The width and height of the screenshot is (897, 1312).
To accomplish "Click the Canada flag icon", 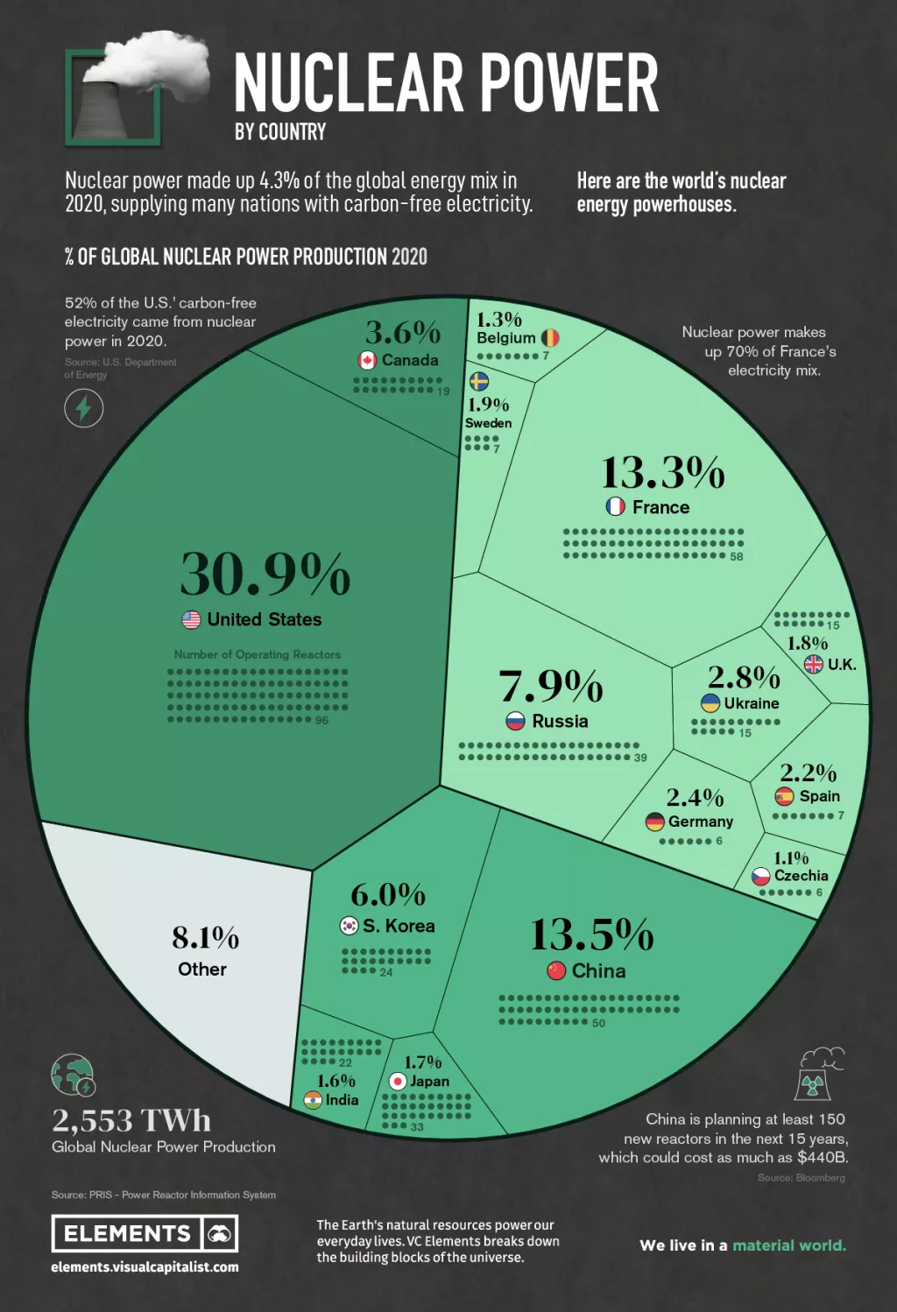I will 368,360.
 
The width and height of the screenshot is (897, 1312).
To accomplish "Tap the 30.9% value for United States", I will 265,575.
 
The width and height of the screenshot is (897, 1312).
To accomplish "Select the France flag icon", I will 616,506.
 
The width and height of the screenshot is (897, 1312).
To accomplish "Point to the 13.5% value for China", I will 592,935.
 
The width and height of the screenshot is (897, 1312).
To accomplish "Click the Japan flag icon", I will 398,1081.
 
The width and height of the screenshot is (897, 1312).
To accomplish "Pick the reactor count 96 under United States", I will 321,720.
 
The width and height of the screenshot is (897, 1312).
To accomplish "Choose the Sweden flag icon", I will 479,381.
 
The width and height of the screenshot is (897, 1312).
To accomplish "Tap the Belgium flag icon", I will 550,337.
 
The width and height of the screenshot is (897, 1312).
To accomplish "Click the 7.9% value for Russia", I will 551,686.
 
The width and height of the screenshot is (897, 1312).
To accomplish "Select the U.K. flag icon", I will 814,664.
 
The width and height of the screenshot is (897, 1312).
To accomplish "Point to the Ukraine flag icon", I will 710,702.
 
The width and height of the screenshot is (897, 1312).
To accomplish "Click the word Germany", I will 700,822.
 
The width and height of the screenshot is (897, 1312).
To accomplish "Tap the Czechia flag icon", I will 761,875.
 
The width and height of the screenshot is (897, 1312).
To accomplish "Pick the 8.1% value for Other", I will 205,938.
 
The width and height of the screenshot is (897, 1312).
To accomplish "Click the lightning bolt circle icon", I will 84,408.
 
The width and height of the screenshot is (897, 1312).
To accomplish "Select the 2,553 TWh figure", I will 131,1120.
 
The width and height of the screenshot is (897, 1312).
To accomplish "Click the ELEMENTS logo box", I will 145,1233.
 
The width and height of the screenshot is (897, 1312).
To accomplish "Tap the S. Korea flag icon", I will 350,925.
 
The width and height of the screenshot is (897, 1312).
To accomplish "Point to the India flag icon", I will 313,1100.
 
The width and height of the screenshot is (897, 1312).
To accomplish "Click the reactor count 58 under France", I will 736,556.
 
